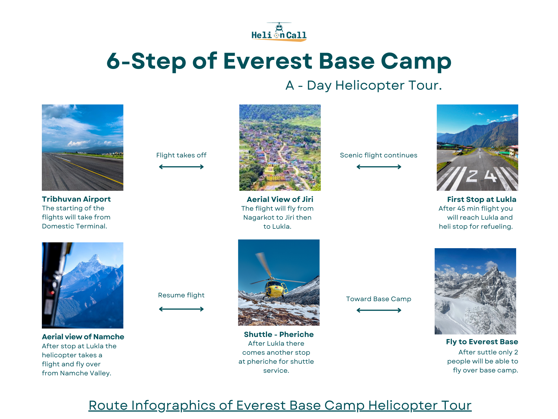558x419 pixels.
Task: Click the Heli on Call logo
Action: click(x=279, y=32)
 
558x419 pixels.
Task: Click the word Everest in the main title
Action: click(x=268, y=61)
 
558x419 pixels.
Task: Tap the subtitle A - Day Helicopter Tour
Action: click(x=364, y=86)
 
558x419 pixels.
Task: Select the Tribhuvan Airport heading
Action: click(x=76, y=199)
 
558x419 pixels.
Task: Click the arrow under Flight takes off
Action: click(x=181, y=167)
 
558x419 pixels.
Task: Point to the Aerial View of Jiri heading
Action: click(x=280, y=199)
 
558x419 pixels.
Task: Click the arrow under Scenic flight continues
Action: click(x=379, y=167)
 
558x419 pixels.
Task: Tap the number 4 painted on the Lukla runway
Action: click(x=490, y=175)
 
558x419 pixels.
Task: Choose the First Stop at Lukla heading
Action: click(x=482, y=199)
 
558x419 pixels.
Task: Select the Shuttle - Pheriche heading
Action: click(x=279, y=334)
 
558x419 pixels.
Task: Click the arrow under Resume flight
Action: click(x=181, y=309)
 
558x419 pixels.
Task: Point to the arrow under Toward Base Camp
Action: click(x=379, y=310)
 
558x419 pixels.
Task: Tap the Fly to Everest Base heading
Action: click(x=482, y=342)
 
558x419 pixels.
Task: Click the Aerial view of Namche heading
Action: click(x=83, y=337)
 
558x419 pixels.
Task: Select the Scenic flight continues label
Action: click(x=378, y=155)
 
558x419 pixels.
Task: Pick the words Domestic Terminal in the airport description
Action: click(x=74, y=226)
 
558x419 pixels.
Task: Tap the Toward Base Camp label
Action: click(x=378, y=299)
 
